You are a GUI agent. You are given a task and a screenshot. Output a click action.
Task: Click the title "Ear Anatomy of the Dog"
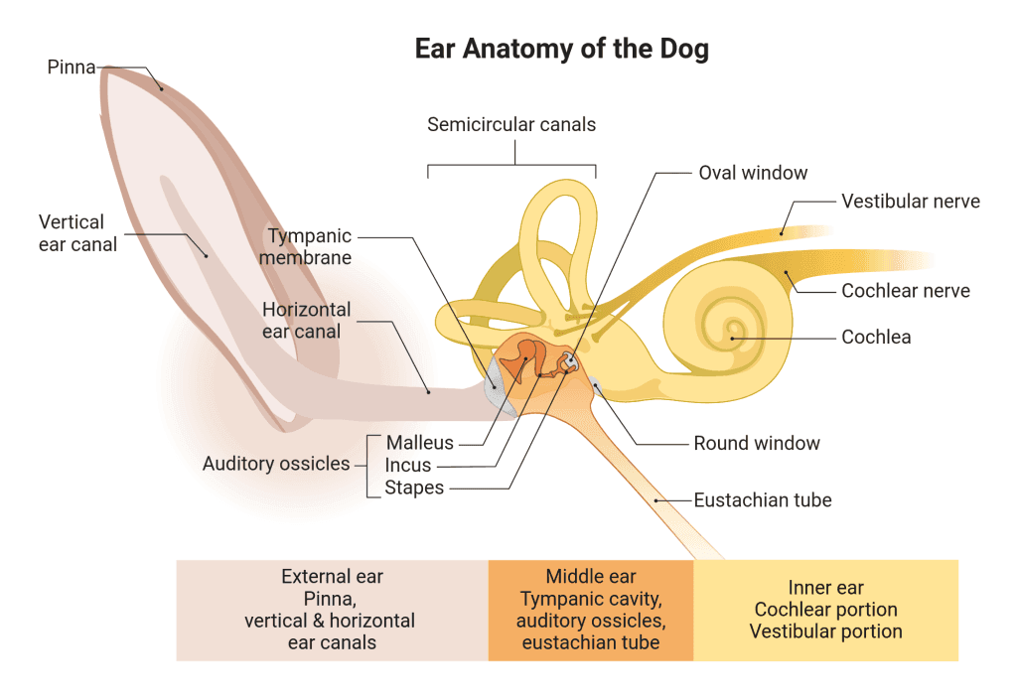pyautogui.click(x=561, y=50)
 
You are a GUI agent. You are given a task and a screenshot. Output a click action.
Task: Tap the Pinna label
pyautogui.click(x=72, y=68)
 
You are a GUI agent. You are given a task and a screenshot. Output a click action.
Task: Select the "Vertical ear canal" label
pyautogui.click(x=77, y=232)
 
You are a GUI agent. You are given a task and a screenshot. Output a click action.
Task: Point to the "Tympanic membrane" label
pyautogui.click(x=309, y=246)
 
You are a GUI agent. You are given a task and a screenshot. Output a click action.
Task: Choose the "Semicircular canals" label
pyautogui.click(x=511, y=124)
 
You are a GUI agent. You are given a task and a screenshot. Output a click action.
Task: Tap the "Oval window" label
pyautogui.click(x=753, y=173)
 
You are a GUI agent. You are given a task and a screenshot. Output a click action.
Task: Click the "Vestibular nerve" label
pyautogui.click(x=911, y=202)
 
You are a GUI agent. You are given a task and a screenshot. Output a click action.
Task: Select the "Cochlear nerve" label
pyautogui.click(x=906, y=291)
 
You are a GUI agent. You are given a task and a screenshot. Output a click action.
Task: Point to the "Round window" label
pyautogui.click(x=757, y=443)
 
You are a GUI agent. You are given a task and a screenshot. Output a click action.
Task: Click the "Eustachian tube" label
pyautogui.click(x=763, y=499)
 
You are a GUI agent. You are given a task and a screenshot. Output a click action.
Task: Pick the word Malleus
pyautogui.click(x=420, y=443)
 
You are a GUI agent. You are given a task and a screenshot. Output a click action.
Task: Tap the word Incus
pyautogui.click(x=409, y=465)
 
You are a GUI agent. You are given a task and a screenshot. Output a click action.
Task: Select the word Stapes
pyautogui.click(x=414, y=488)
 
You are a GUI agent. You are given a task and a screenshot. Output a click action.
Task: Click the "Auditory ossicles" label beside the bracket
pyautogui.click(x=276, y=464)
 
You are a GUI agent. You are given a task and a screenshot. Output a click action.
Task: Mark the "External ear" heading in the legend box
pyautogui.click(x=332, y=576)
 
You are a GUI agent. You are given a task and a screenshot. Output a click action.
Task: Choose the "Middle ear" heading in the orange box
pyautogui.click(x=591, y=576)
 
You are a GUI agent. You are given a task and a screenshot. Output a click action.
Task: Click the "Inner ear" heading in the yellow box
pyautogui.click(x=825, y=588)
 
